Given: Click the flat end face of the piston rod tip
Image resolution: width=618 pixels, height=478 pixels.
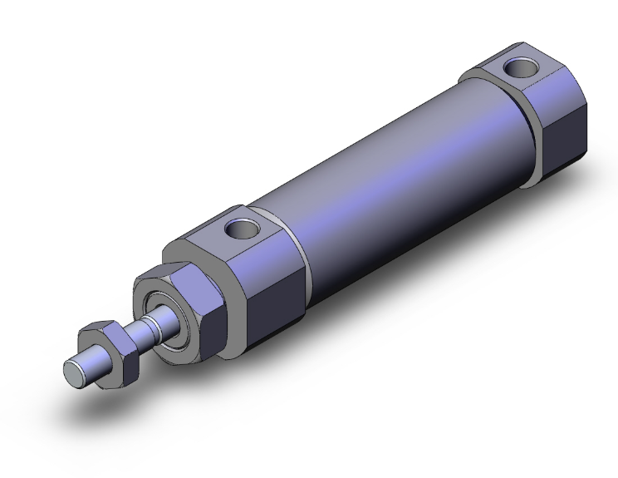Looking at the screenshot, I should [72, 371].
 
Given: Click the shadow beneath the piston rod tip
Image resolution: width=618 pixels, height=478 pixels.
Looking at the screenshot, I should [100, 399].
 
